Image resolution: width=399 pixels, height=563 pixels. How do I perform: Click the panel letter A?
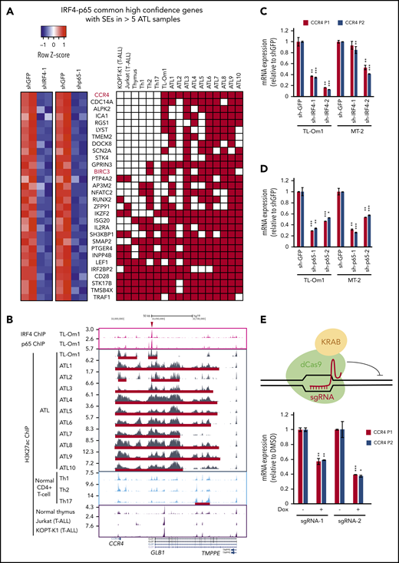6,7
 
